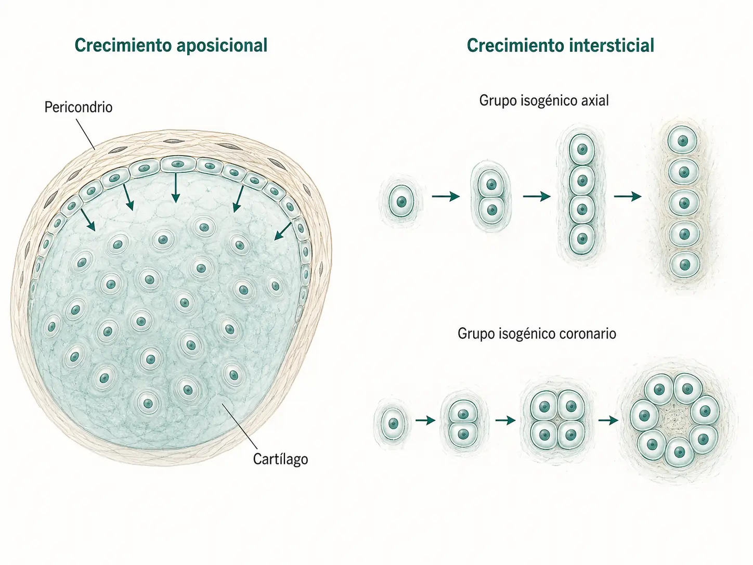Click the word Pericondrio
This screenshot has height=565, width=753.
tap(79, 107)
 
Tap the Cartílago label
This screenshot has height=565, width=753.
tap(280, 459)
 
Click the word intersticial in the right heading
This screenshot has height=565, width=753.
tap(612, 45)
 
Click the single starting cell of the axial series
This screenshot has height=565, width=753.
tap(401, 201)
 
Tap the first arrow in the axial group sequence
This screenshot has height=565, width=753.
tap(446, 197)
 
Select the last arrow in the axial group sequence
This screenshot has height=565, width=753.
tap(628, 197)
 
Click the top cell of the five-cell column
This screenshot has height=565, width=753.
tap(683, 140)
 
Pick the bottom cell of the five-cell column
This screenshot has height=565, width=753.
tap(685, 265)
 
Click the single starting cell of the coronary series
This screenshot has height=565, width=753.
tap(393, 423)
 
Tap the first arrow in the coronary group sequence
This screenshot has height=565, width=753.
tap(425, 420)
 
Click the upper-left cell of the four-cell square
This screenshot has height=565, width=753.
tap(544, 407)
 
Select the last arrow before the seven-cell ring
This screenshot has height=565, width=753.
tap(608, 420)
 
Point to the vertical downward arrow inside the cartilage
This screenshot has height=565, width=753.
tap(176, 188)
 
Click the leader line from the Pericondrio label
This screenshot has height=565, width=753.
tap(85, 134)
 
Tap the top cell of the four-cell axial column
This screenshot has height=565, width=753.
tap(582, 149)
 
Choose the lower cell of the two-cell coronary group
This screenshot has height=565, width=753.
tap(463, 434)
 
